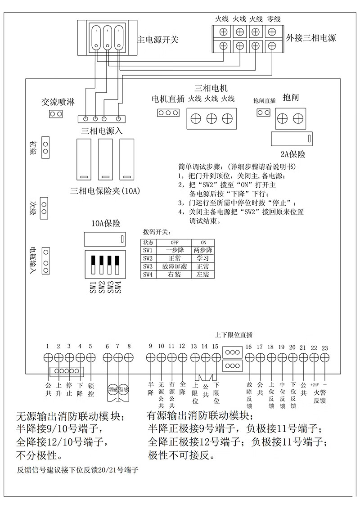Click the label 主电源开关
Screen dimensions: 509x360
point(157,40)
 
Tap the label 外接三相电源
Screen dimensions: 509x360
point(311,38)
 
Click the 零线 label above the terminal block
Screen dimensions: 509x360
point(274,19)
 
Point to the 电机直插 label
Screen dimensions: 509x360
point(168,99)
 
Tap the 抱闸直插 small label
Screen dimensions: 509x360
point(264,100)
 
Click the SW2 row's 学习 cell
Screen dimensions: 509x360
point(202,258)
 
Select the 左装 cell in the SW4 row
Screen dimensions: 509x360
point(202,275)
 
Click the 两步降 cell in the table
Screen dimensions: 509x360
point(202,250)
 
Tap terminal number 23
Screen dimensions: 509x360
point(325,347)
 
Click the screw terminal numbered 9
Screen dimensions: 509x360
point(151,357)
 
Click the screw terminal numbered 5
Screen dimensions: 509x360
point(90,357)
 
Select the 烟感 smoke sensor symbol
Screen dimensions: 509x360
point(112,388)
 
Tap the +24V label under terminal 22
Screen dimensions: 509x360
point(314,386)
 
